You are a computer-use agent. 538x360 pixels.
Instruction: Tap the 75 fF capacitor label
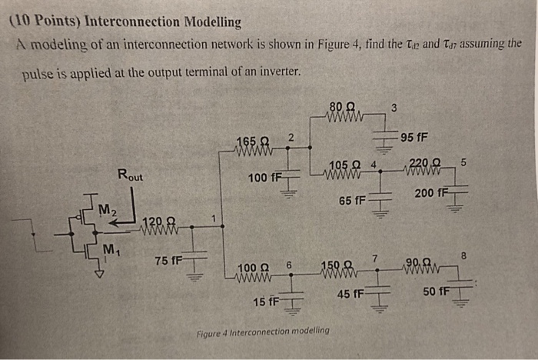click(x=168, y=261)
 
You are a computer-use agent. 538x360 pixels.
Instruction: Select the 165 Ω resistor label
click(x=253, y=141)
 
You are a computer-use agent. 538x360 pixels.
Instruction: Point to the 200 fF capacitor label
click(x=430, y=192)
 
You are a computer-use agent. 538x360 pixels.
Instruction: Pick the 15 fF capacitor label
click(x=266, y=301)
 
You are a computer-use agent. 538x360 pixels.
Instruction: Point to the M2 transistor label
click(x=106, y=208)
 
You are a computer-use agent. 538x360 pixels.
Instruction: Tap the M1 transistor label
click(x=111, y=250)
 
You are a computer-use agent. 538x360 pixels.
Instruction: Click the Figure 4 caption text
click(x=263, y=331)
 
